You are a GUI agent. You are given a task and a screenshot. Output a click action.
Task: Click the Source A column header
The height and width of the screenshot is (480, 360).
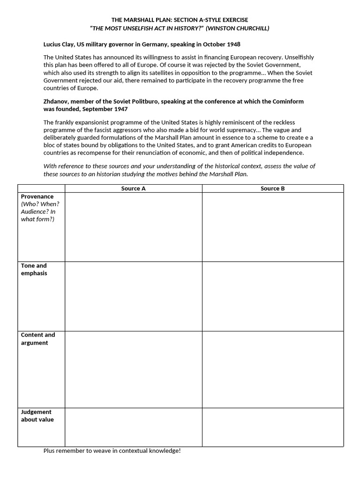pyautogui.click(x=134, y=188)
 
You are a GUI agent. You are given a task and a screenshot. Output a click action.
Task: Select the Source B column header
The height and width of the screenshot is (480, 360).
pyautogui.click(x=272, y=188)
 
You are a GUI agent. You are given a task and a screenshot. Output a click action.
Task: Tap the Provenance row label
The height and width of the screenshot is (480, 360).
pyautogui.click(x=37, y=196)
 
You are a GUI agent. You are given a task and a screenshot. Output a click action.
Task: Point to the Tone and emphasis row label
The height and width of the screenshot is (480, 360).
pyautogui.click(x=34, y=269)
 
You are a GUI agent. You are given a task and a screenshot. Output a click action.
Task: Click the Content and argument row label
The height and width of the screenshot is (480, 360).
pyautogui.click(x=37, y=338)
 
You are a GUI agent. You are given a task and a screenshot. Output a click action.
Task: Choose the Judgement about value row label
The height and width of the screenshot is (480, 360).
pyautogui.click(x=37, y=416)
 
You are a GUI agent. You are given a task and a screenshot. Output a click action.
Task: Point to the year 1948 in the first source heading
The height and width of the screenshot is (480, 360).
pyautogui.click(x=232, y=45)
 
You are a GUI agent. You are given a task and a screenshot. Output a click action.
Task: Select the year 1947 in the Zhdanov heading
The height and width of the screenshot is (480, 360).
pyautogui.click(x=120, y=109)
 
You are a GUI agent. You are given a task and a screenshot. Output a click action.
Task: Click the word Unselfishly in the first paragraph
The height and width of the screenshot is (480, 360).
pyautogui.click(x=298, y=57)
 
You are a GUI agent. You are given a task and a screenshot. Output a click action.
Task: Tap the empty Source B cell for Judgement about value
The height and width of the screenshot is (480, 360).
pyautogui.click(x=272, y=427)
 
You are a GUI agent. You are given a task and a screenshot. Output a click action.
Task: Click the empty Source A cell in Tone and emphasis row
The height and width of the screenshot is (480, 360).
pyautogui.click(x=134, y=296)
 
